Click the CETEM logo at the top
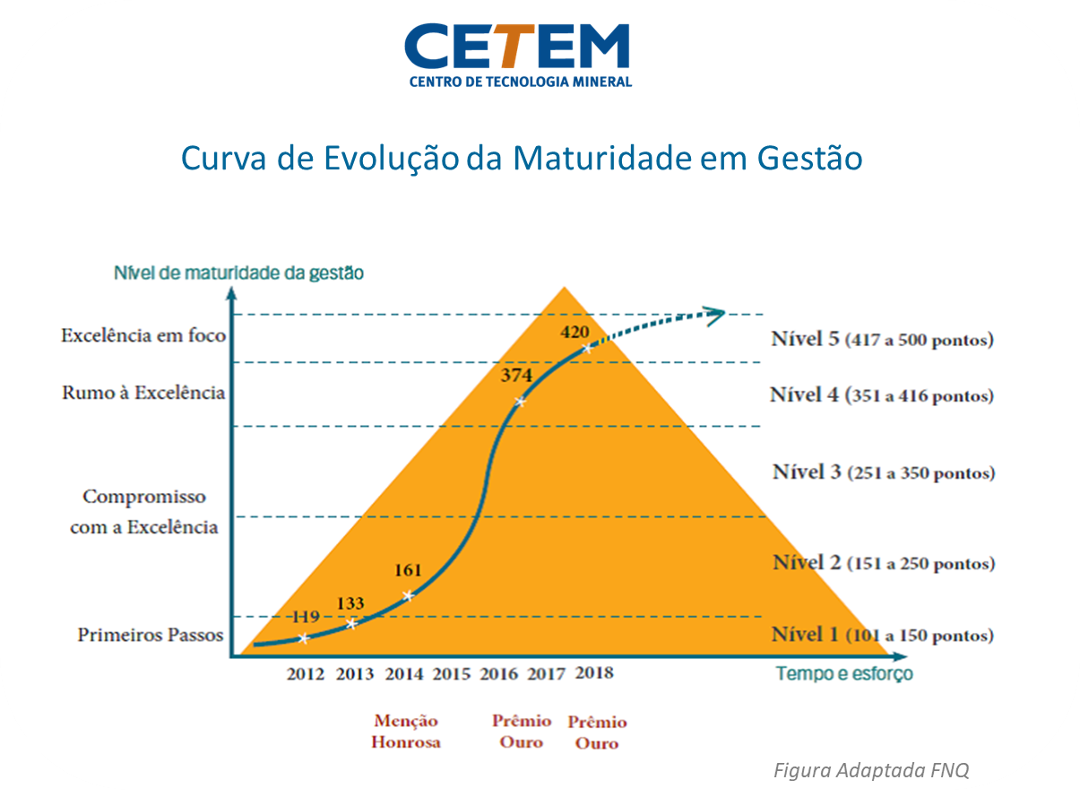[x=518, y=54]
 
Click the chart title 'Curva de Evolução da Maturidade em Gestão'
[x=521, y=159]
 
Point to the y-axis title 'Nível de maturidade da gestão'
[x=238, y=273]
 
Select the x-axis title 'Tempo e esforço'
[x=844, y=674]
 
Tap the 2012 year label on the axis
[x=306, y=674]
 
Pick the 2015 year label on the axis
[x=451, y=674]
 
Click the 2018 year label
[x=594, y=672]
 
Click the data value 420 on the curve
[x=575, y=333]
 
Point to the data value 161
[x=407, y=570]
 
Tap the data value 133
[x=350, y=603]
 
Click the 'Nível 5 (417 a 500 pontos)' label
[x=882, y=340]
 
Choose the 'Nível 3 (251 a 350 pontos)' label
[x=883, y=472]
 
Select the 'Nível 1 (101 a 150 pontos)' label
[x=882, y=636]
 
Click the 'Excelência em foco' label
[x=143, y=336]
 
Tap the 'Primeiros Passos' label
[x=150, y=635]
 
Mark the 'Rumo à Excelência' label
[x=143, y=393]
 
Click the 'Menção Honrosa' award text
[x=406, y=732]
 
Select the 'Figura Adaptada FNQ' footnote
[x=871, y=770]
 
